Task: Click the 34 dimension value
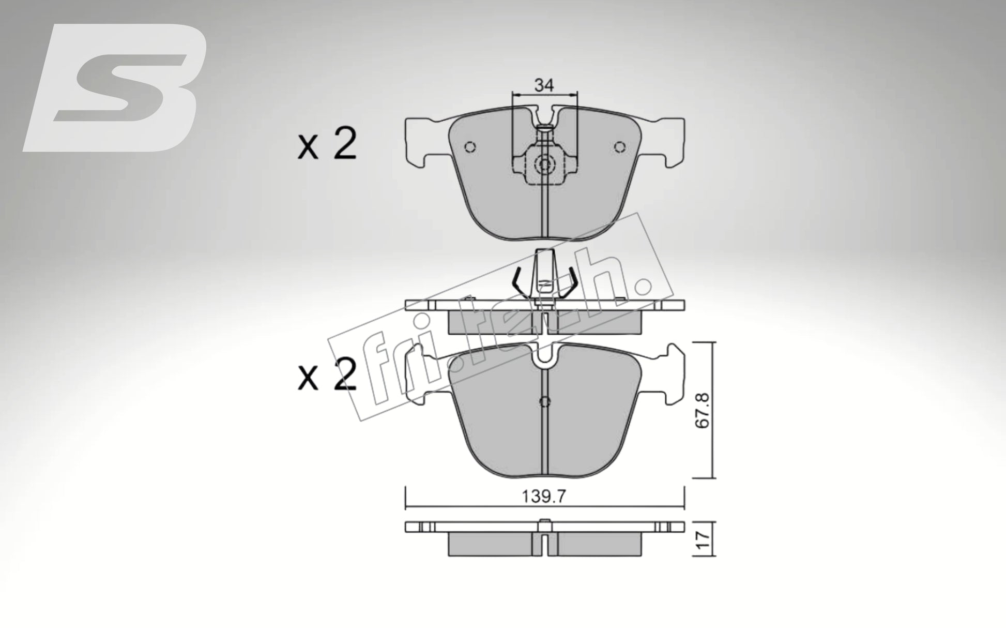[544, 85]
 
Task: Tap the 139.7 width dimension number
[544, 497]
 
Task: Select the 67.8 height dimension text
[702, 410]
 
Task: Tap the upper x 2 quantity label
[327, 145]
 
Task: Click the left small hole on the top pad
[470, 147]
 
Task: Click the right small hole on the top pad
[619, 147]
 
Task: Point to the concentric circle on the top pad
[544, 165]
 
